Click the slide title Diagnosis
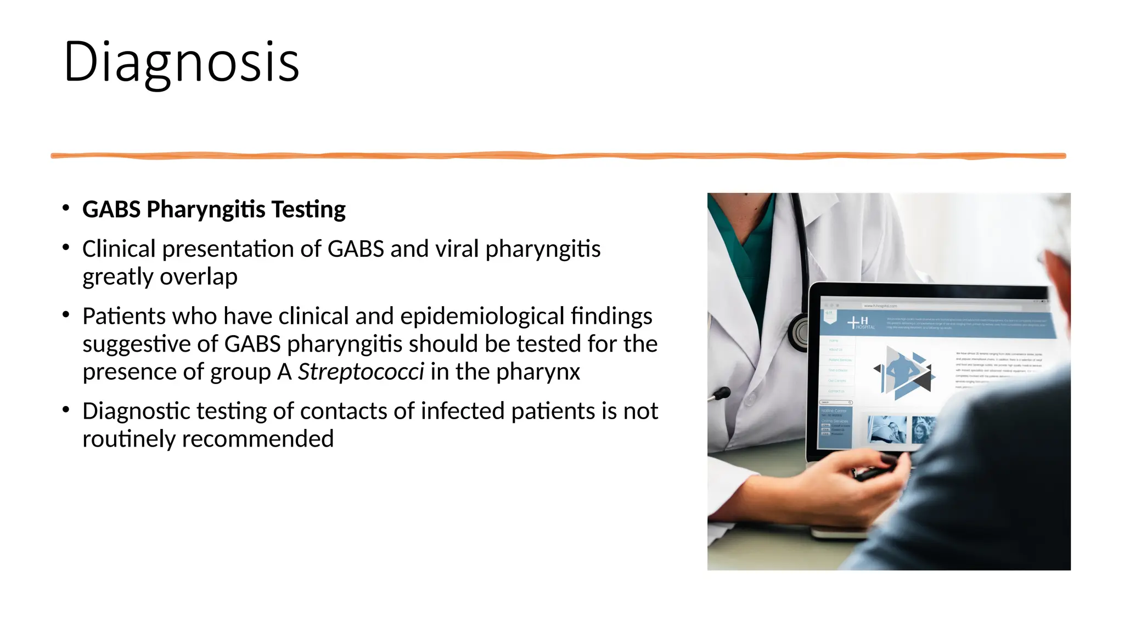click(181, 61)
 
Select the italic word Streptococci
click(361, 372)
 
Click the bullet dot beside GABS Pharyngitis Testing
click(66, 208)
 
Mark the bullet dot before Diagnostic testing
click(66, 410)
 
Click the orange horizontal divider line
click(558, 156)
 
